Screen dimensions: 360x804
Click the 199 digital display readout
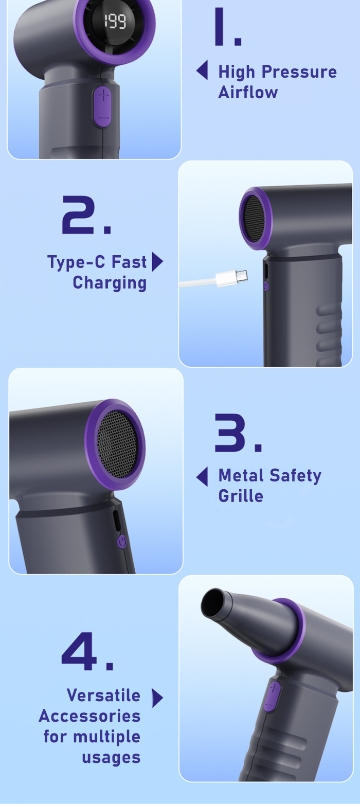115,22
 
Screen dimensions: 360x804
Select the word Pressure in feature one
299,72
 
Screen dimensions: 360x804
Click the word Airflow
248,92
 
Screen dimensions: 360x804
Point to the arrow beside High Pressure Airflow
202,69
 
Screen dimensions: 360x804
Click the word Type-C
76,262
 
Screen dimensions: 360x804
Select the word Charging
110,283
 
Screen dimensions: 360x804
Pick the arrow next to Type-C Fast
157,262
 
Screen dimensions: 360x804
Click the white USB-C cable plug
232,278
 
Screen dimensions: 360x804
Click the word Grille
241,496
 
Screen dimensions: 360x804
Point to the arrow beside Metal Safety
202,477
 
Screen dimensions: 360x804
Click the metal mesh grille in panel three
117,444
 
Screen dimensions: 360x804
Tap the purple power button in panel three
122,541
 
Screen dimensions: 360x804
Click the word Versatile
103,695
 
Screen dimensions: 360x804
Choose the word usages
111,758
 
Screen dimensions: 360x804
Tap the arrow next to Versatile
157,698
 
